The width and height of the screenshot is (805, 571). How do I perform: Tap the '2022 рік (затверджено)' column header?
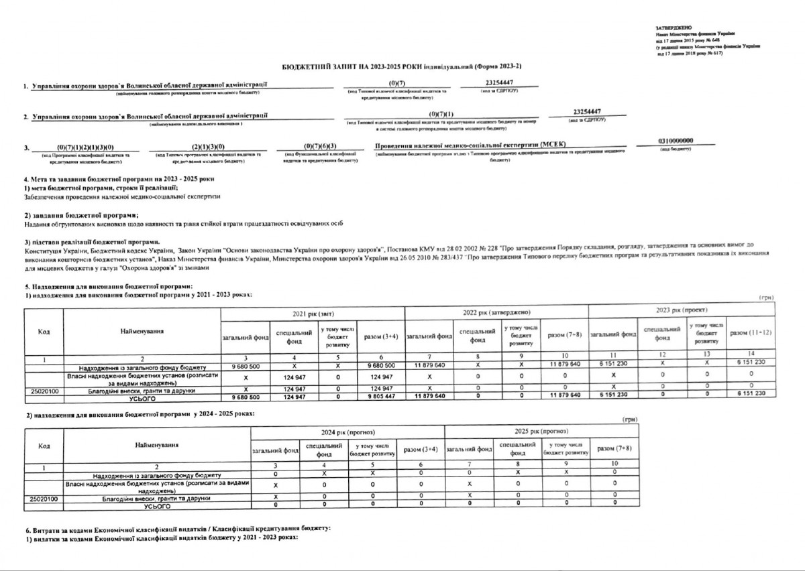[x=496, y=312]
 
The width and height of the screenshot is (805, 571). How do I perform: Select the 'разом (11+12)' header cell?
[x=750, y=333]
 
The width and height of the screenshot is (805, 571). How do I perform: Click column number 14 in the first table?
[x=750, y=354]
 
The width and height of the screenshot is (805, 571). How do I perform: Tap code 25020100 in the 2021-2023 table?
[x=46, y=389]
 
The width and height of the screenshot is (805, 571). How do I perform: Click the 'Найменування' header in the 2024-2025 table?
[x=156, y=444]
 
